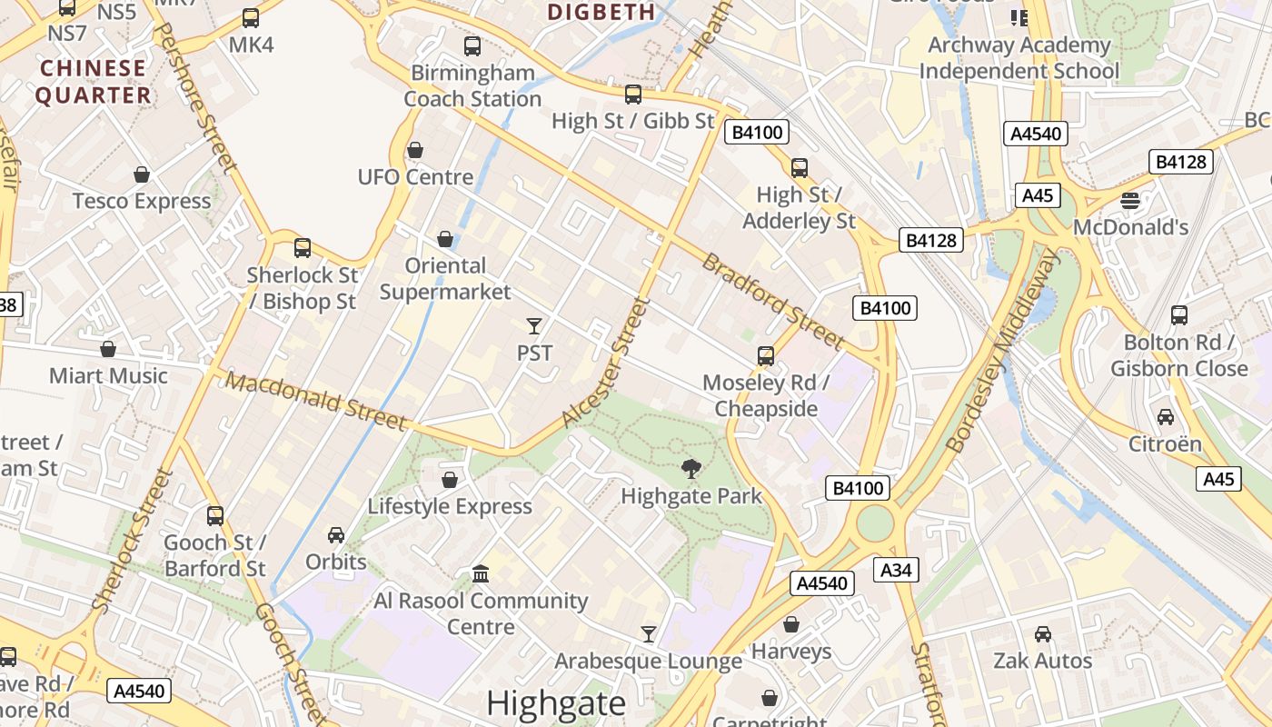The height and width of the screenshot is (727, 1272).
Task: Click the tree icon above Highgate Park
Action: [x=691, y=469]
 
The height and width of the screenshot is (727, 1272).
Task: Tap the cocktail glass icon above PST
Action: [x=534, y=325]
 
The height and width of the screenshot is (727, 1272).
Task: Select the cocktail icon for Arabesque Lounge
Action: [x=649, y=633]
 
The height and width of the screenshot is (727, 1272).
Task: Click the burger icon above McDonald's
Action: [x=1130, y=200]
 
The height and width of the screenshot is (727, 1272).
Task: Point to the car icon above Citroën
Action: [x=1165, y=417]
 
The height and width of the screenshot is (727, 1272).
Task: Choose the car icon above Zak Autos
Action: [x=1043, y=633]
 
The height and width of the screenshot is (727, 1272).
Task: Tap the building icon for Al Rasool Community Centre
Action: [x=481, y=573]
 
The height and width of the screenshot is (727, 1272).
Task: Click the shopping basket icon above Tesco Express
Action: [x=142, y=174]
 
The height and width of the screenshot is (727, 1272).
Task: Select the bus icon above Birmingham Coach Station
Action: [x=472, y=45]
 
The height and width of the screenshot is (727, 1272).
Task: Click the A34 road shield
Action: [x=897, y=570]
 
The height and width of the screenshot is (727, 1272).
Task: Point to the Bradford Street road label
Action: [x=773, y=300]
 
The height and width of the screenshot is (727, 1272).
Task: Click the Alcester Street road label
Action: [x=607, y=363]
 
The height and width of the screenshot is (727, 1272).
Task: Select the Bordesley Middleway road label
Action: [x=1003, y=351]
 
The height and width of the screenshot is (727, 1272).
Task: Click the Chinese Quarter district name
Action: [x=94, y=82]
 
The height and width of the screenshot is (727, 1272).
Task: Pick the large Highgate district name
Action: [x=556, y=703]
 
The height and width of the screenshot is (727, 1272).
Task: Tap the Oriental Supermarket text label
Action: [x=445, y=278]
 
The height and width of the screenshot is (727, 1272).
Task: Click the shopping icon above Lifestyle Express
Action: [x=450, y=479]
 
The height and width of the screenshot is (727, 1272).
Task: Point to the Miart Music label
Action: [x=108, y=375]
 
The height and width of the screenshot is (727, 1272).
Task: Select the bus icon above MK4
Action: [x=251, y=18]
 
